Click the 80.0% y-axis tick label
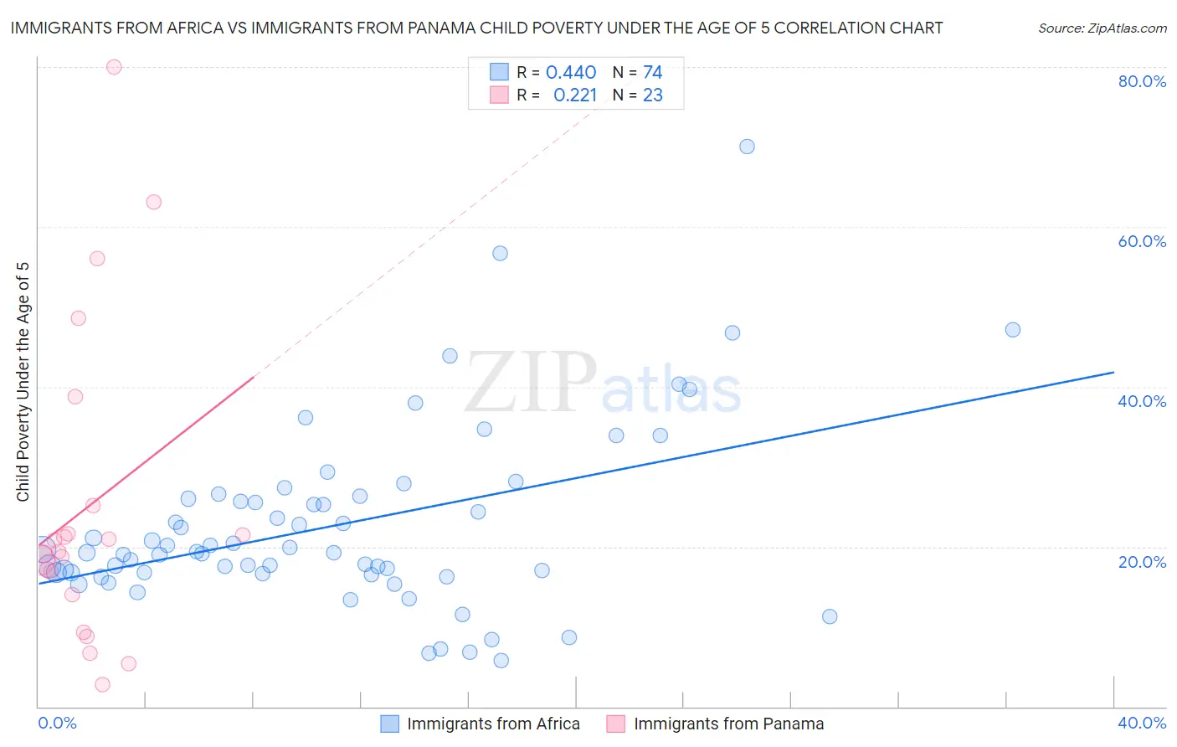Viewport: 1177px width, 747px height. (x=1142, y=81)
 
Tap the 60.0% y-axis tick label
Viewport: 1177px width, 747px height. (x=1142, y=241)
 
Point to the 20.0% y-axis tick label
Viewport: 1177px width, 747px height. (x=1142, y=562)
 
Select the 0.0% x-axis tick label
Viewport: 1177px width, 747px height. (x=57, y=723)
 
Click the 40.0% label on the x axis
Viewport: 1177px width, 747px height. (x=1142, y=723)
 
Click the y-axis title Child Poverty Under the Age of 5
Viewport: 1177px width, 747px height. (x=23, y=382)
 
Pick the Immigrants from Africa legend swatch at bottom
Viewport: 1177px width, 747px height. (x=390, y=724)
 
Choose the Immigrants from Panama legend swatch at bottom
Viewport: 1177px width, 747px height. (x=616, y=724)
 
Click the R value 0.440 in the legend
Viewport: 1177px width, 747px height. (x=571, y=73)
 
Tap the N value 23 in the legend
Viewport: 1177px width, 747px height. (x=653, y=95)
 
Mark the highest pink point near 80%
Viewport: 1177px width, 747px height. (x=114, y=67)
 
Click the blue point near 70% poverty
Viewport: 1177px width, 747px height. (x=747, y=147)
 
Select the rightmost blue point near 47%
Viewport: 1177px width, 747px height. (x=1013, y=330)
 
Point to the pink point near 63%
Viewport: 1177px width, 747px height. (x=153, y=202)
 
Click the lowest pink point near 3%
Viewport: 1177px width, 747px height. (x=102, y=684)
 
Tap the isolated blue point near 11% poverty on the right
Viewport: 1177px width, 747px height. (x=830, y=616)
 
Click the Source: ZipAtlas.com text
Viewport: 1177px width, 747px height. (x=1102, y=28)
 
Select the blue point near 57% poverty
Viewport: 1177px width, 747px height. (x=500, y=253)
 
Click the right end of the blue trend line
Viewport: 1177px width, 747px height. (x=1113, y=372)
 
